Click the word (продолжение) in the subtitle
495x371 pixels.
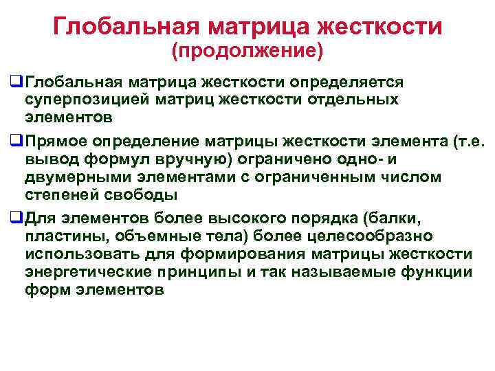(247, 50)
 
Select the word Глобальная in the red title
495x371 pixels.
(128, 26)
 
